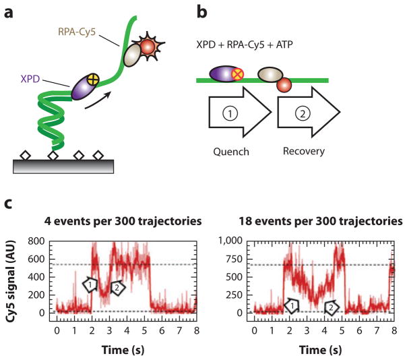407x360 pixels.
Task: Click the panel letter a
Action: pyautogui.click(x=9, y=10)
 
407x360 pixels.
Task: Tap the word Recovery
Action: pyautogui.click(x=304, y=152)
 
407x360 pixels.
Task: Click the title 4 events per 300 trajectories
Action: pyautogui.click(x=117, y=220)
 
